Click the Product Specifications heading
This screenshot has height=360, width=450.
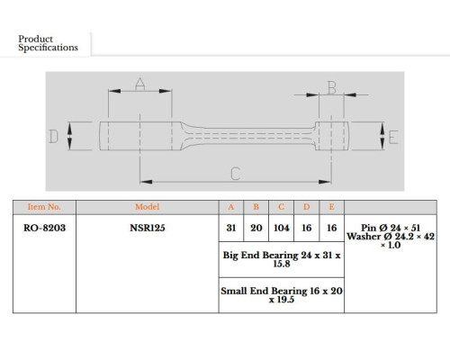(48, 43)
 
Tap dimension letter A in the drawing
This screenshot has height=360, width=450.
(140, 84)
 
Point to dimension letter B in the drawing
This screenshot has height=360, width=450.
(332, 88)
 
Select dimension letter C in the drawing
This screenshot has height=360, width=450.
(236, 174)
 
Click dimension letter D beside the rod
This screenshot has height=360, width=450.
(53, 137)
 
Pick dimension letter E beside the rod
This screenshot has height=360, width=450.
(393, 138)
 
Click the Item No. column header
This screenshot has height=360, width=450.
(44, 207)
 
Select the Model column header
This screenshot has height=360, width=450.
(147, 207)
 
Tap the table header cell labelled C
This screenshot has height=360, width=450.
(281, 207)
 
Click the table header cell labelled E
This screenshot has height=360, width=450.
(331, 207)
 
